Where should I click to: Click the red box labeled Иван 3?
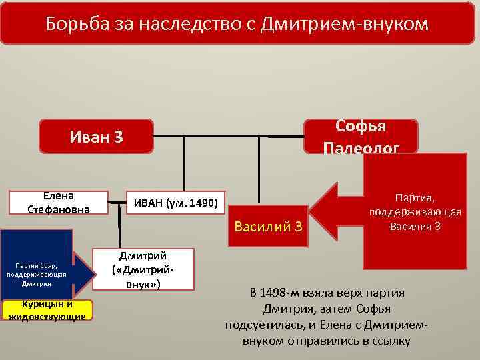pos(97,137)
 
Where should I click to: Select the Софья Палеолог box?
pos(361,136)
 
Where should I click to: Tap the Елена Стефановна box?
pos(58,203)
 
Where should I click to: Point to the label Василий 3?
pos(269,227)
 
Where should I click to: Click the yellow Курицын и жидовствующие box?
pos(47,310)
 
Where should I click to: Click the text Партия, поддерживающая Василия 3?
pos(415,211)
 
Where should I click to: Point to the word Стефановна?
pos(58,209)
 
